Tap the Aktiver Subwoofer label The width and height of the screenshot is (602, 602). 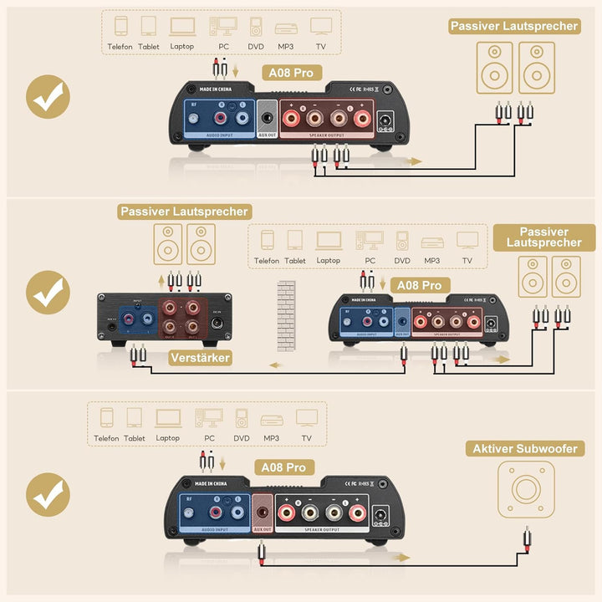tap(524, 449)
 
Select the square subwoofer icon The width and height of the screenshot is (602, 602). tap(524, 490)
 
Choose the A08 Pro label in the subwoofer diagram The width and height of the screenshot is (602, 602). tap(284, 467)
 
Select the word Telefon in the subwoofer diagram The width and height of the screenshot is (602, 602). tap(106, 438)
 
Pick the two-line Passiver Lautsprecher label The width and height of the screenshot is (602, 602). tap(543, 237)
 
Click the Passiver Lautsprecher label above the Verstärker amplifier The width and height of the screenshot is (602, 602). tap(184, 212)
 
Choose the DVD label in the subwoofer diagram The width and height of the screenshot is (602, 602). tap(242, 438)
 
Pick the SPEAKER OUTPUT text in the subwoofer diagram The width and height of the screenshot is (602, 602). tap(322, 528)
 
